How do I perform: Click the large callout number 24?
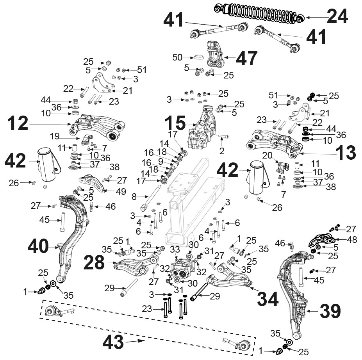[x=337, y=16]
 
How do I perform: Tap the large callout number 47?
[x=246, y=59]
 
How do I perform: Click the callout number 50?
[x=177, y=57]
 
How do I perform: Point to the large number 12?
[x=18, y=124]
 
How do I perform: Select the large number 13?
[x=346, y=152]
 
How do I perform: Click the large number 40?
[x=38, y=246]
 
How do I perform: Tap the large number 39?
[x=330, y=311]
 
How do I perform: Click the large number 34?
[x=268, y=299]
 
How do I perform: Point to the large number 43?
[x=113, y=342]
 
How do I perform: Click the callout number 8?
[x=134, y=197]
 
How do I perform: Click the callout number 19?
[x=55, y=136]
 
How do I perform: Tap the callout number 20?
[x=267, y=155]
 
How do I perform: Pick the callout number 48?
[x=352, y=239]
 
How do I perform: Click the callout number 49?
[x=121, y=191]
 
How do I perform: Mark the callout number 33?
[x=175, y=250]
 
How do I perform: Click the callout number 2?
[x=222, y=151]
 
